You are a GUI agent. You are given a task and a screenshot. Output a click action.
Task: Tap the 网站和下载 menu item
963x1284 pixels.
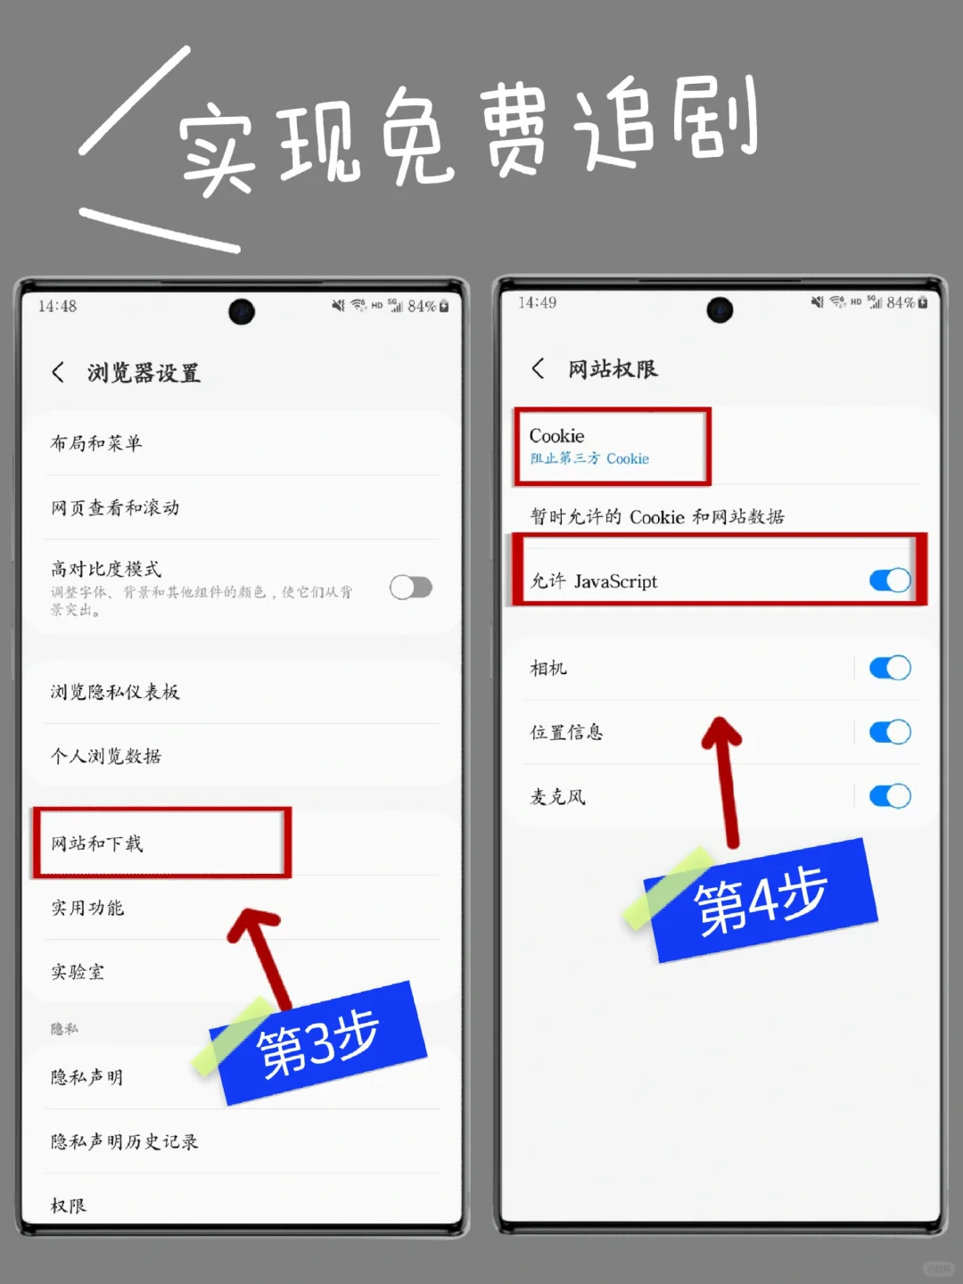96,844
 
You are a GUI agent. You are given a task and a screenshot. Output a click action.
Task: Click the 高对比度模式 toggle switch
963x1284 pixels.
411,588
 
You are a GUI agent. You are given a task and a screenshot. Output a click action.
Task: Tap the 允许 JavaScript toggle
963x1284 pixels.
889,580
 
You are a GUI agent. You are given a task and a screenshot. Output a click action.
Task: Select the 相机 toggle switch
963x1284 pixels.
889,668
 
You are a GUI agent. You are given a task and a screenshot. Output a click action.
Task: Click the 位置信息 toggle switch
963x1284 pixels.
889,732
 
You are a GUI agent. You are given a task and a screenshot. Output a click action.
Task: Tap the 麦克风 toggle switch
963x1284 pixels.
889,796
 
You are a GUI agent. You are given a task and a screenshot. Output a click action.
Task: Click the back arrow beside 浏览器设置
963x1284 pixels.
58,373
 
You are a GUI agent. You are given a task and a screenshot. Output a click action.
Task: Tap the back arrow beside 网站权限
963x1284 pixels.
538,368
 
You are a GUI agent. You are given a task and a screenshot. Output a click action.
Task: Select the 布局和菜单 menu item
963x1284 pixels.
96,443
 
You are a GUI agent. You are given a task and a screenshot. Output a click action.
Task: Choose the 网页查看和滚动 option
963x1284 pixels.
115,507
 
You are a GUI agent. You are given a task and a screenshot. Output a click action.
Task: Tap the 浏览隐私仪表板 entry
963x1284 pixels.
115,692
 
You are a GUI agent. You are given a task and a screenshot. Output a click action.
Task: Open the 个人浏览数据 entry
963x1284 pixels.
106,756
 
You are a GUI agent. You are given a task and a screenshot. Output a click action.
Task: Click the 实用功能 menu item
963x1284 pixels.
87,908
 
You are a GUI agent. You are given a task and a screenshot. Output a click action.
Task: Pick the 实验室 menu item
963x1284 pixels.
78,972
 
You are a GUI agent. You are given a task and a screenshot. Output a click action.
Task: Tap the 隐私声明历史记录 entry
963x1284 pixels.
124,1141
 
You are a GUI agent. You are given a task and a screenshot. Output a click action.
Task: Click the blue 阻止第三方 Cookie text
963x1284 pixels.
589,458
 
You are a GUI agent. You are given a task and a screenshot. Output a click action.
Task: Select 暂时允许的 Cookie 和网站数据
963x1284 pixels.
657,516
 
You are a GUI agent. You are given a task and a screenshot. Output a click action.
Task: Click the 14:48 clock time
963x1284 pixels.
57,306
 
